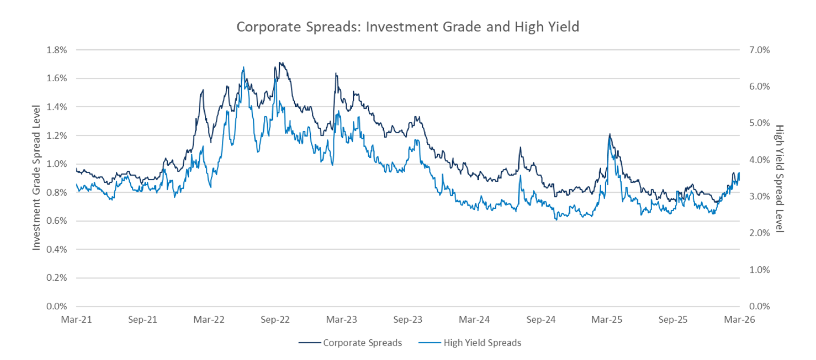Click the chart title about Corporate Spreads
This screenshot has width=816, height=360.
408,27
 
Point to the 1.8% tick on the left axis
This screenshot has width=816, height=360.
57,50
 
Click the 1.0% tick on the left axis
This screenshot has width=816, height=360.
57,164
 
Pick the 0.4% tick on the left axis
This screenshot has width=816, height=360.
57,249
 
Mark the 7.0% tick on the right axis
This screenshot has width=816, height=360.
759,50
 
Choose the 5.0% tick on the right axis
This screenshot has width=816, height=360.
759,123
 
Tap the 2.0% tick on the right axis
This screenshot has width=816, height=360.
759,233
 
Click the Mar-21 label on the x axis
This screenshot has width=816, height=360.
76,319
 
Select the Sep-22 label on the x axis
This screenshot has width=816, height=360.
275,319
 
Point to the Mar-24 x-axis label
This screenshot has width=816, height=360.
474,319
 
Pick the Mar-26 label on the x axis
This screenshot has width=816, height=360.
739,319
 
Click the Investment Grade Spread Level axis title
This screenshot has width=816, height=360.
36,178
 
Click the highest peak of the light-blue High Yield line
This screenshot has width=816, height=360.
243,67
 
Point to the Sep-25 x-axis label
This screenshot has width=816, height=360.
673,319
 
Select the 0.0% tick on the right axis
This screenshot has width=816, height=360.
759,306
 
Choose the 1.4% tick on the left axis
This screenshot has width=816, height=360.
57,107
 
